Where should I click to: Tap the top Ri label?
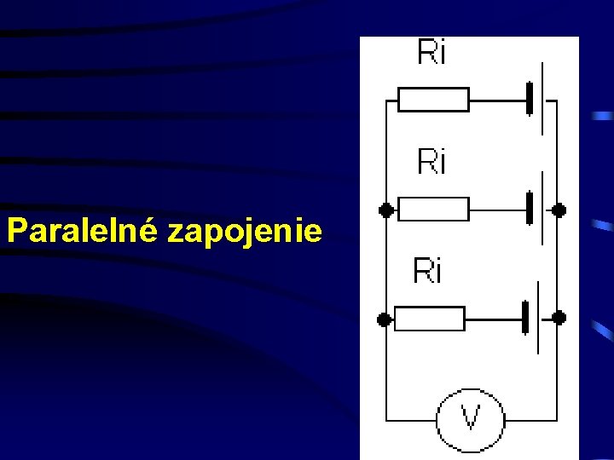click(x=432, y=53)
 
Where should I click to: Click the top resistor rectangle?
click(x=433, y=100)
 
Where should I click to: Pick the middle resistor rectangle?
click(x=433, y=209)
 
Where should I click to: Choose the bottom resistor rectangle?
click(x=431, y=319)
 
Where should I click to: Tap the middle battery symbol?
click(x=535, y=209)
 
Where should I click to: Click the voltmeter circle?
click(x=470, y=419)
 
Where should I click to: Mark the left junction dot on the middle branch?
click(x=386, y=209)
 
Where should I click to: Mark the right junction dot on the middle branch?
click(x=559, y=209)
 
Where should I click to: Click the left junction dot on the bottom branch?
click(x=385, y=319)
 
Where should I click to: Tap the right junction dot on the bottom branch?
click(x=559, y=318)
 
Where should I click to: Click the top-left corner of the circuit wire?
click(x=386, y=100)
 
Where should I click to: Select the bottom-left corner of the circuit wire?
click(x=386, y=419)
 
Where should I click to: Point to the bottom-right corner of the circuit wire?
click(x=559, y=419)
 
